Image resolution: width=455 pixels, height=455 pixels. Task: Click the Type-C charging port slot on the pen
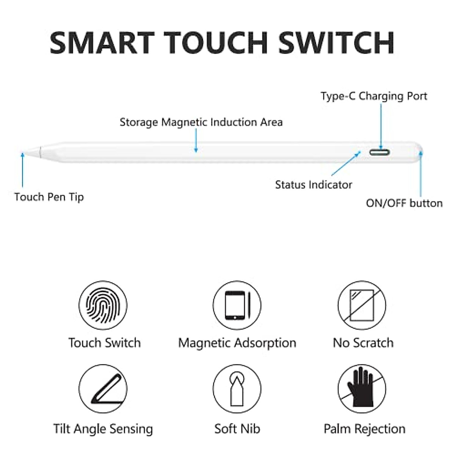[380, 152]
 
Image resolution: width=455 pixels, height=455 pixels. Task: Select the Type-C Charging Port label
[374, 96]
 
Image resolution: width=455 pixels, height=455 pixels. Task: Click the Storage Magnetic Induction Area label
[201, 122]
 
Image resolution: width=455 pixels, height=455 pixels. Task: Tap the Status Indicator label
[314, 185]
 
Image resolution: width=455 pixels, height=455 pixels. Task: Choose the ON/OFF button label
[404, 203]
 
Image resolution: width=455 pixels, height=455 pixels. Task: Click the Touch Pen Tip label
[49, 197]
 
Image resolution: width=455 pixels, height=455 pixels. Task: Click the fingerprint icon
[103, 305]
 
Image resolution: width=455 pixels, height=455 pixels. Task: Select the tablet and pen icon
[237, 305]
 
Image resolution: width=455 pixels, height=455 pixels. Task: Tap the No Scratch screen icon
[362, 305]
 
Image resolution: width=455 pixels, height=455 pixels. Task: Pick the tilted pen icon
[103, 389]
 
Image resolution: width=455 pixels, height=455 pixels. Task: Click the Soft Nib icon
[237, 389]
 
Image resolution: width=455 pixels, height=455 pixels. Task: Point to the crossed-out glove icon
[362, 389]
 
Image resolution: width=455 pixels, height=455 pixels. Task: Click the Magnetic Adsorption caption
[237, 343]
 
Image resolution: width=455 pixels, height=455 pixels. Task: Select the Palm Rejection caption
[364, 429]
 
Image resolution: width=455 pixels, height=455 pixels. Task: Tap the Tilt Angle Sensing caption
[103, 429]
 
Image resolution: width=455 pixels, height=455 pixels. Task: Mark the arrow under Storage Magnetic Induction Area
[196, 140]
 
